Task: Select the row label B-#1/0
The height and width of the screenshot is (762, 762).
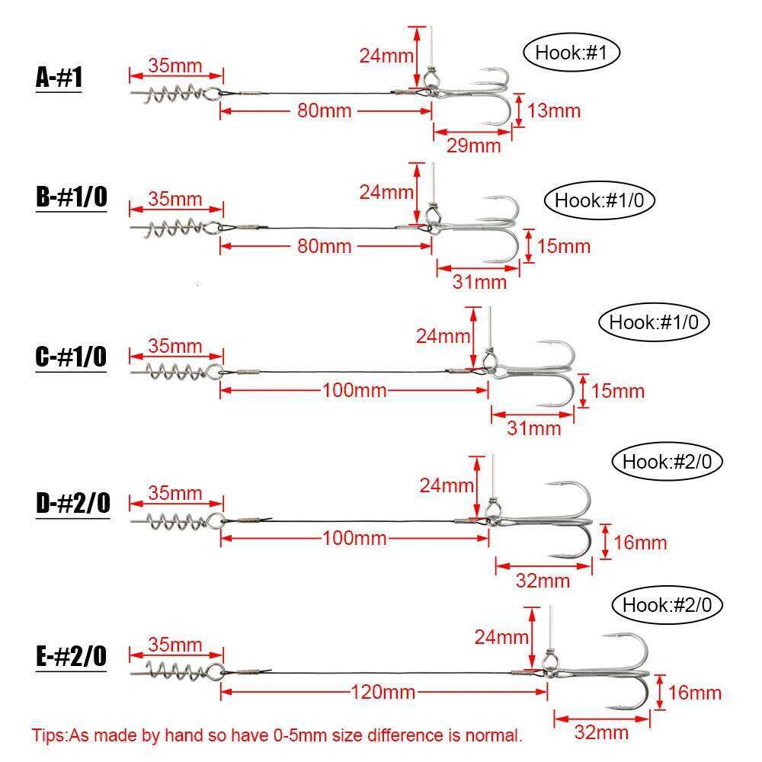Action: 71,198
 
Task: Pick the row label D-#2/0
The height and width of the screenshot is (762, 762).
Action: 72,504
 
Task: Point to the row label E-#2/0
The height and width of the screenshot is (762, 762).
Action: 71,656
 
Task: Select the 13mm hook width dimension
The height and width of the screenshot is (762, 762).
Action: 553,110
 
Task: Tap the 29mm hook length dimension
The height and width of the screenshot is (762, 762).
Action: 474,145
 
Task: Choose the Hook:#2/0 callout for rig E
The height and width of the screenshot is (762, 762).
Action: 668,605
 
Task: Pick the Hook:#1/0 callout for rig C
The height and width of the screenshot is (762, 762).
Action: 654,322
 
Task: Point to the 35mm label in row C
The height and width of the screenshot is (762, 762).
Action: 175,346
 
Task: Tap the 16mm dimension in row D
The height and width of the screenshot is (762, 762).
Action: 640,543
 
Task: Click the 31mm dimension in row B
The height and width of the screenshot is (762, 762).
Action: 479,282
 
